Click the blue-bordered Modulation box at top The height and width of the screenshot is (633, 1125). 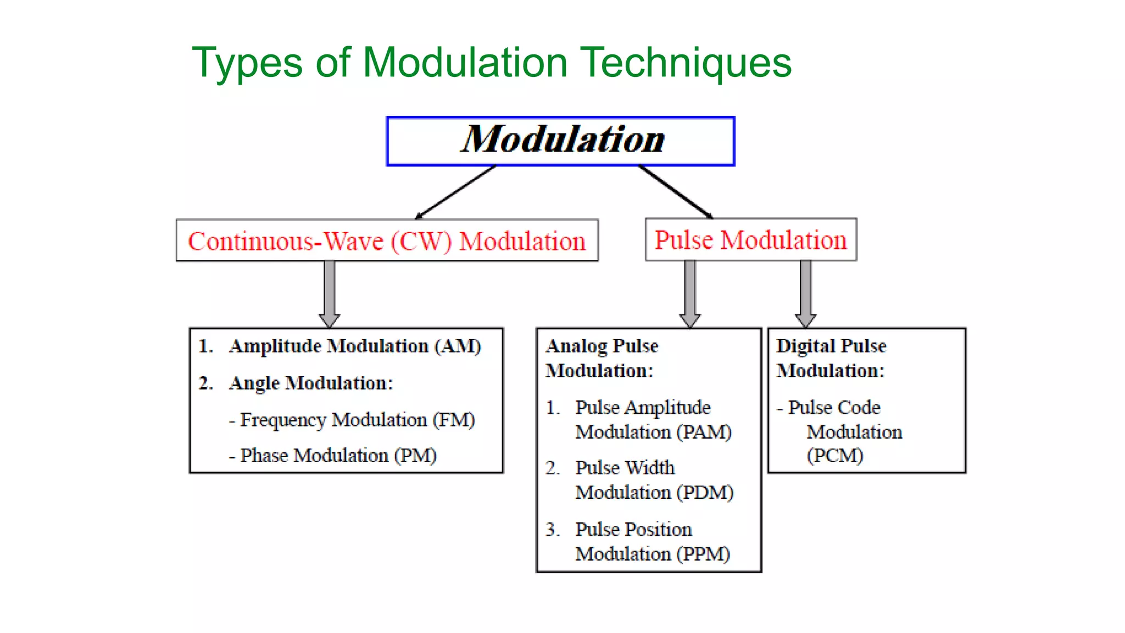point(561,141)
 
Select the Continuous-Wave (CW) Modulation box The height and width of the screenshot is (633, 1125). point(387,241)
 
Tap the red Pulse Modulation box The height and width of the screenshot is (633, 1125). point(750,240)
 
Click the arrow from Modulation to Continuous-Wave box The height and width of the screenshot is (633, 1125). point(455,192)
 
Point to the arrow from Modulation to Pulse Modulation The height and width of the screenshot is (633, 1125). point(676,192)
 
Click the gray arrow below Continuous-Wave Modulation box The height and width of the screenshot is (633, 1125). point(330,294)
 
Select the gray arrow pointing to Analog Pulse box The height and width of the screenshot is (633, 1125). point(690,294)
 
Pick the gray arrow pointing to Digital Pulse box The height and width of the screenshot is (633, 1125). point(805,294)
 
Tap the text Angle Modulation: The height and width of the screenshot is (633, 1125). point(311,383)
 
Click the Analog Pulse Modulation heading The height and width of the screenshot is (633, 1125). point(601,358)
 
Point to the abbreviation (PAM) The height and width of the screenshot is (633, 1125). point(704,432)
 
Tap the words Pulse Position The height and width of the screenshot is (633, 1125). point(633,529)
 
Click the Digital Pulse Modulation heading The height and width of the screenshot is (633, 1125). point(831,358)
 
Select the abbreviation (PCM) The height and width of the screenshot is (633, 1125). point(834,456)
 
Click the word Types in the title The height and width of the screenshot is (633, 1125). point(247,62)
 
